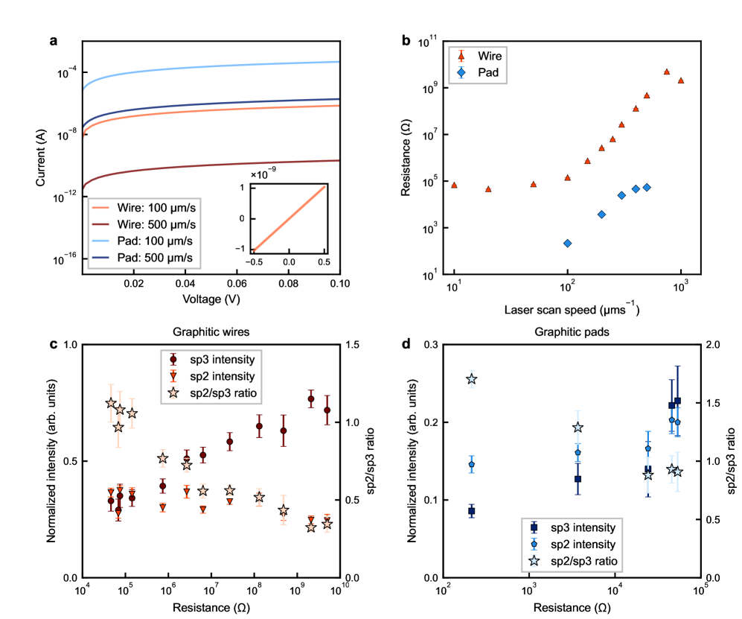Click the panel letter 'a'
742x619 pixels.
click(53, 41)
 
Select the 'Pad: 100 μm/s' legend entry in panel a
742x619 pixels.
click(146, 241)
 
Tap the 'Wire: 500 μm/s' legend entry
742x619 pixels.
click(146, 224)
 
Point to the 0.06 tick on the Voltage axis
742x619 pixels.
click(237, 284)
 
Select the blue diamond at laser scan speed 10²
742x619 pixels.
click(567, 244)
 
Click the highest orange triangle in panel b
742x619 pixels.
click(667, 72)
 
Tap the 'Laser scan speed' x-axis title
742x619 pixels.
click(566, 309)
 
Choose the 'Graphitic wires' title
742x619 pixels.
click(210, 334)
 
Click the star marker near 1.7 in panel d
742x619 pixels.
click(471, 379)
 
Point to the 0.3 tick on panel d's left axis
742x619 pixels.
click(430, 345)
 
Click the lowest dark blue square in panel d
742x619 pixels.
click(471, 511)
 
